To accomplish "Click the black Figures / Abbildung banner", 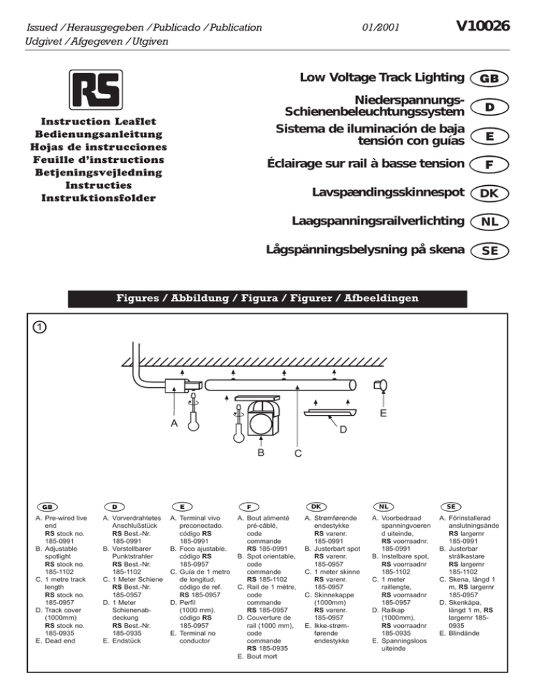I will (x=267, y=299).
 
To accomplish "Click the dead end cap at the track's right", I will (x=380, y=384).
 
